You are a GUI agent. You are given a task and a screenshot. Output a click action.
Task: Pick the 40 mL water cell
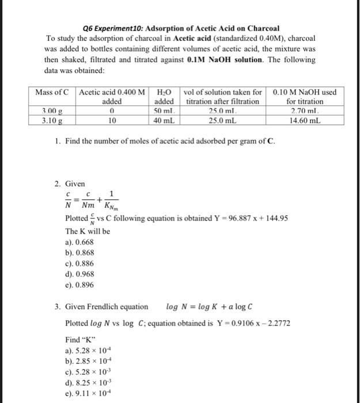(165, 121)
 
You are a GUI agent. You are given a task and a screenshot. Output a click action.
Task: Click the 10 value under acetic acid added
(113, 121)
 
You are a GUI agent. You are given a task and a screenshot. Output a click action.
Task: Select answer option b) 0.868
(80, 252)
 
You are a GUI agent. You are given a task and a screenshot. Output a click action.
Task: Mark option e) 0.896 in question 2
(80, 284)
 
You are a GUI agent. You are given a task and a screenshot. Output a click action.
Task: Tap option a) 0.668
(80, 242)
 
